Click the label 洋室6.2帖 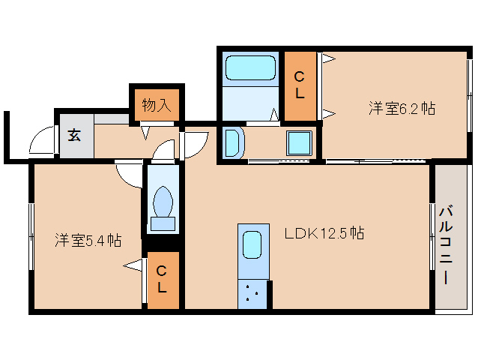402,108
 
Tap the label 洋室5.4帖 88,241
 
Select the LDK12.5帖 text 324,233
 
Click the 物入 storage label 157,105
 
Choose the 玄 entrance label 75,136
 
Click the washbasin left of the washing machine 232,142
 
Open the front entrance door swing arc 43,142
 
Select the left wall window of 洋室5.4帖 31,236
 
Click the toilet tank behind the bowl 163,223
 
